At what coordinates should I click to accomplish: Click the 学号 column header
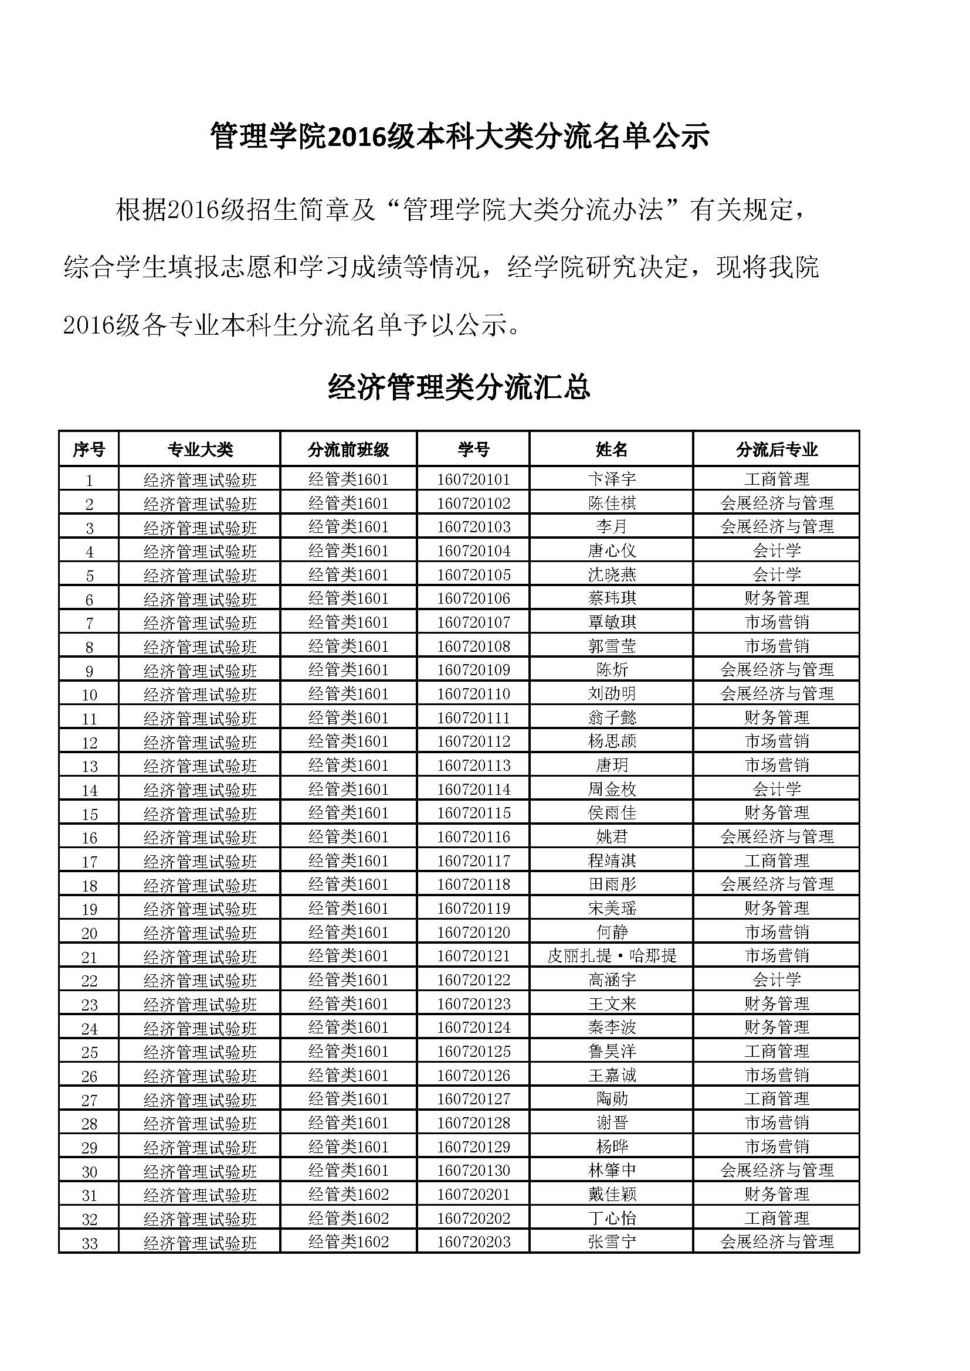473,450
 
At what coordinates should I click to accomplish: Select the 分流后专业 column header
776,450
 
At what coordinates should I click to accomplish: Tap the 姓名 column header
611,450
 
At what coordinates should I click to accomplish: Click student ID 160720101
473,479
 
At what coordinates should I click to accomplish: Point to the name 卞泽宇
612,479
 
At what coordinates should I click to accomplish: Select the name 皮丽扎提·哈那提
612,956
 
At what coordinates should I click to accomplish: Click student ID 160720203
473,1242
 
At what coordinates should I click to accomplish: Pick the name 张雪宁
612,1242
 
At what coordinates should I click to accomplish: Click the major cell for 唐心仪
776,550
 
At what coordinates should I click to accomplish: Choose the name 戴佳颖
612,1194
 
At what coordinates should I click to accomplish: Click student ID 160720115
473,812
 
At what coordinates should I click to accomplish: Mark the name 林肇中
612,1171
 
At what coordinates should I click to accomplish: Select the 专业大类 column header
199,450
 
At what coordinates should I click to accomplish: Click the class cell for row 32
348,1218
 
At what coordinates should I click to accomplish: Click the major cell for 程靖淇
776,860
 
